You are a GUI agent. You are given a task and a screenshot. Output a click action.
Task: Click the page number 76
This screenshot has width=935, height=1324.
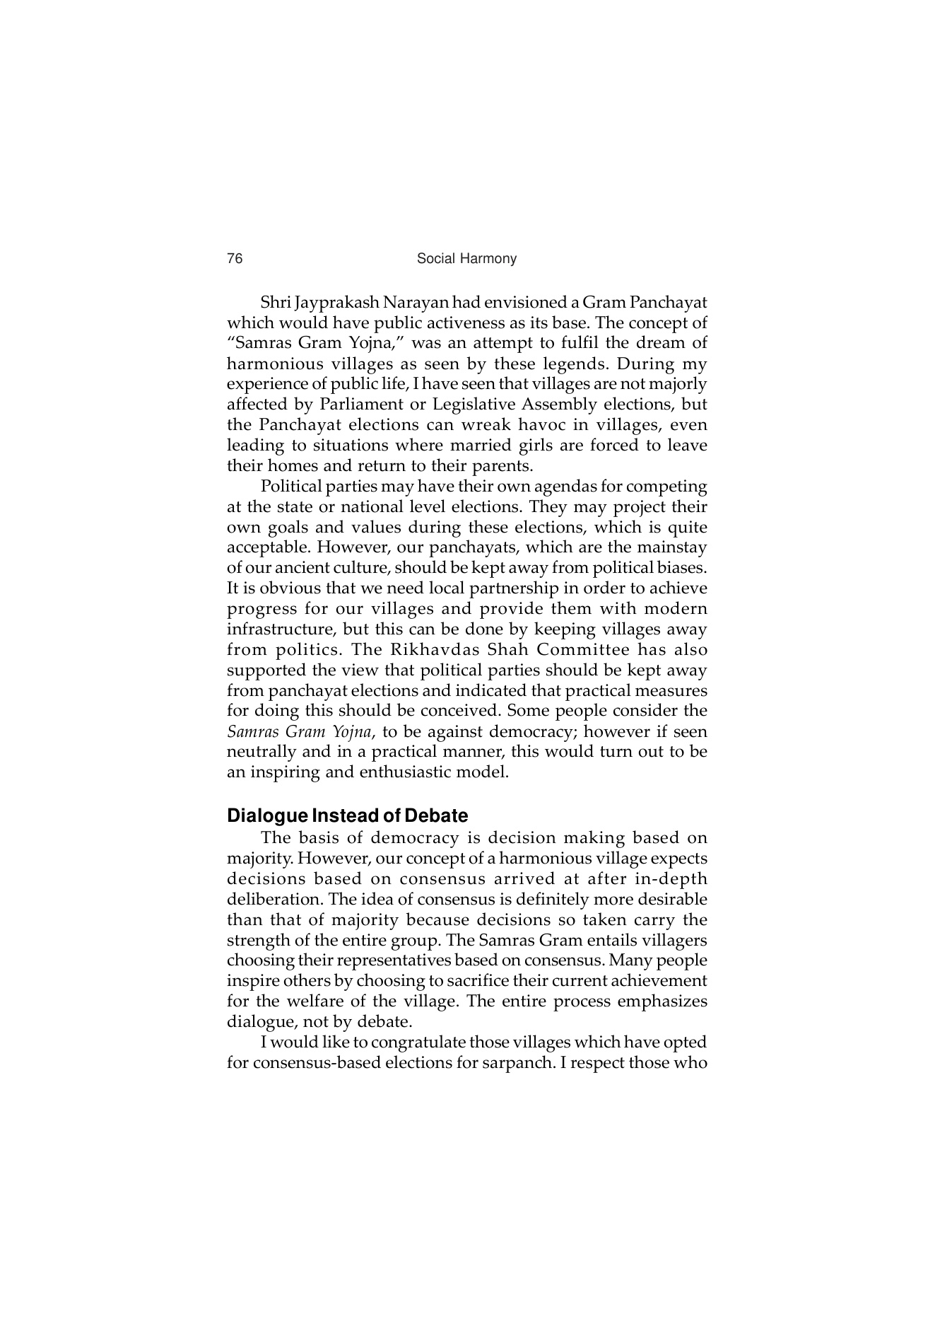coord(235,259)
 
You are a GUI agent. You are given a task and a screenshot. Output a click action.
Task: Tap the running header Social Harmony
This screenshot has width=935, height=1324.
coord(466,259)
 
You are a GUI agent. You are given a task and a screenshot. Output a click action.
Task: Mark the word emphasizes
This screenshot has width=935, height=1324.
coord(662,1001)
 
